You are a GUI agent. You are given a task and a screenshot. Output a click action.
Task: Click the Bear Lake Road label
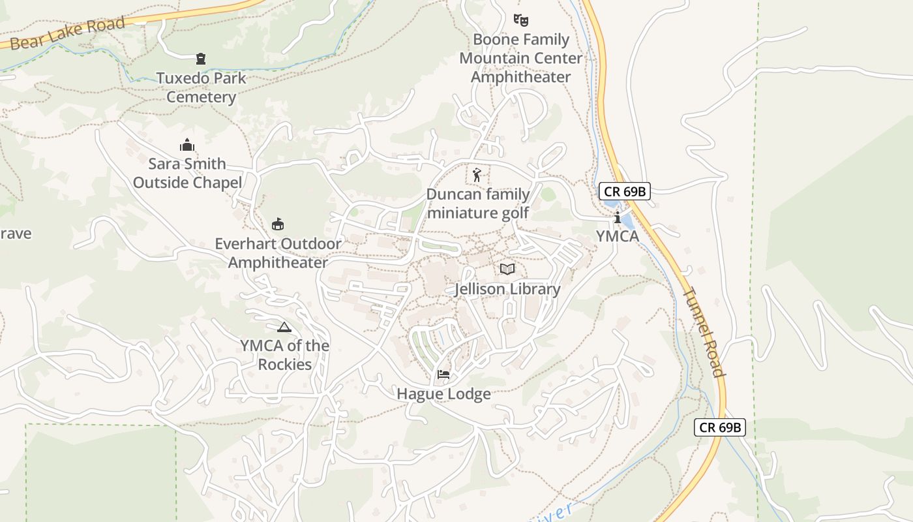coord(67,34)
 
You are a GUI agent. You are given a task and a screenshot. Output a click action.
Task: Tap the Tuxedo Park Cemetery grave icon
coord(201,59)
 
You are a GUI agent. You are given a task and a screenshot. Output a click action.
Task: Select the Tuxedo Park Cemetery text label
coord(201,87)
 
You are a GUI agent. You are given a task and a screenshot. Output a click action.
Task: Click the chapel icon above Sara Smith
coord(187,145)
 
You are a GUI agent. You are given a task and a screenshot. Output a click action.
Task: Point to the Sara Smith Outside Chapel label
coord(187,173)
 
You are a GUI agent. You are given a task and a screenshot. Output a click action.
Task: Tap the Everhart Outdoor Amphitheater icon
coord(278,224)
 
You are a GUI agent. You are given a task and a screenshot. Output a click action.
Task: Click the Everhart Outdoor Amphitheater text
coord(278,253)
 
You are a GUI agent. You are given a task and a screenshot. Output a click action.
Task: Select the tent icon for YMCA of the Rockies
coord(284,327)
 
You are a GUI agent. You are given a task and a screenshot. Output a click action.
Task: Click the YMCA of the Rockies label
coord(284,355)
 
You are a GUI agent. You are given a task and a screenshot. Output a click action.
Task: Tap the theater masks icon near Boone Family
coord(520,20)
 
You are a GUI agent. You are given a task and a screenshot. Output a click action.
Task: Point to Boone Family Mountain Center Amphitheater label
coord(520,58)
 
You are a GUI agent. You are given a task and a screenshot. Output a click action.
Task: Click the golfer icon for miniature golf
coord(477,175)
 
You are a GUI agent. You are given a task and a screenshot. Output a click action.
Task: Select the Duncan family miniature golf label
coord(477,204)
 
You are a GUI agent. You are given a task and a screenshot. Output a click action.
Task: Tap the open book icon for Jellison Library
coord(507,269)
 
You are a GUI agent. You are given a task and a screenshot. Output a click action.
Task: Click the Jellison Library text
coord(507,289)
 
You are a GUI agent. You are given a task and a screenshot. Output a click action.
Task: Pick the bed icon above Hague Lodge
coord(443,375)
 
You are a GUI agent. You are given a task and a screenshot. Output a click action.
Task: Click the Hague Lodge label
coord(443,394)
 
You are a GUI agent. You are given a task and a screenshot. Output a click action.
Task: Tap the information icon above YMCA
coord(617,217)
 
